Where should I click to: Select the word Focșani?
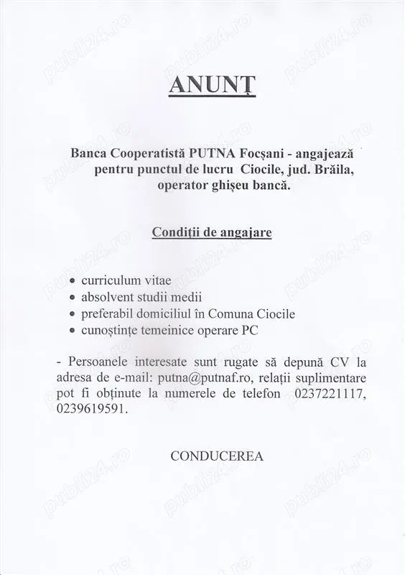coord(281,153)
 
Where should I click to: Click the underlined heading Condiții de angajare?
coord(211,233)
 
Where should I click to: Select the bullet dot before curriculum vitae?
coord(73,280)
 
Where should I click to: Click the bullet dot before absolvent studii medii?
coord(73,297)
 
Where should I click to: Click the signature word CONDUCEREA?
coord(217,456)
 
